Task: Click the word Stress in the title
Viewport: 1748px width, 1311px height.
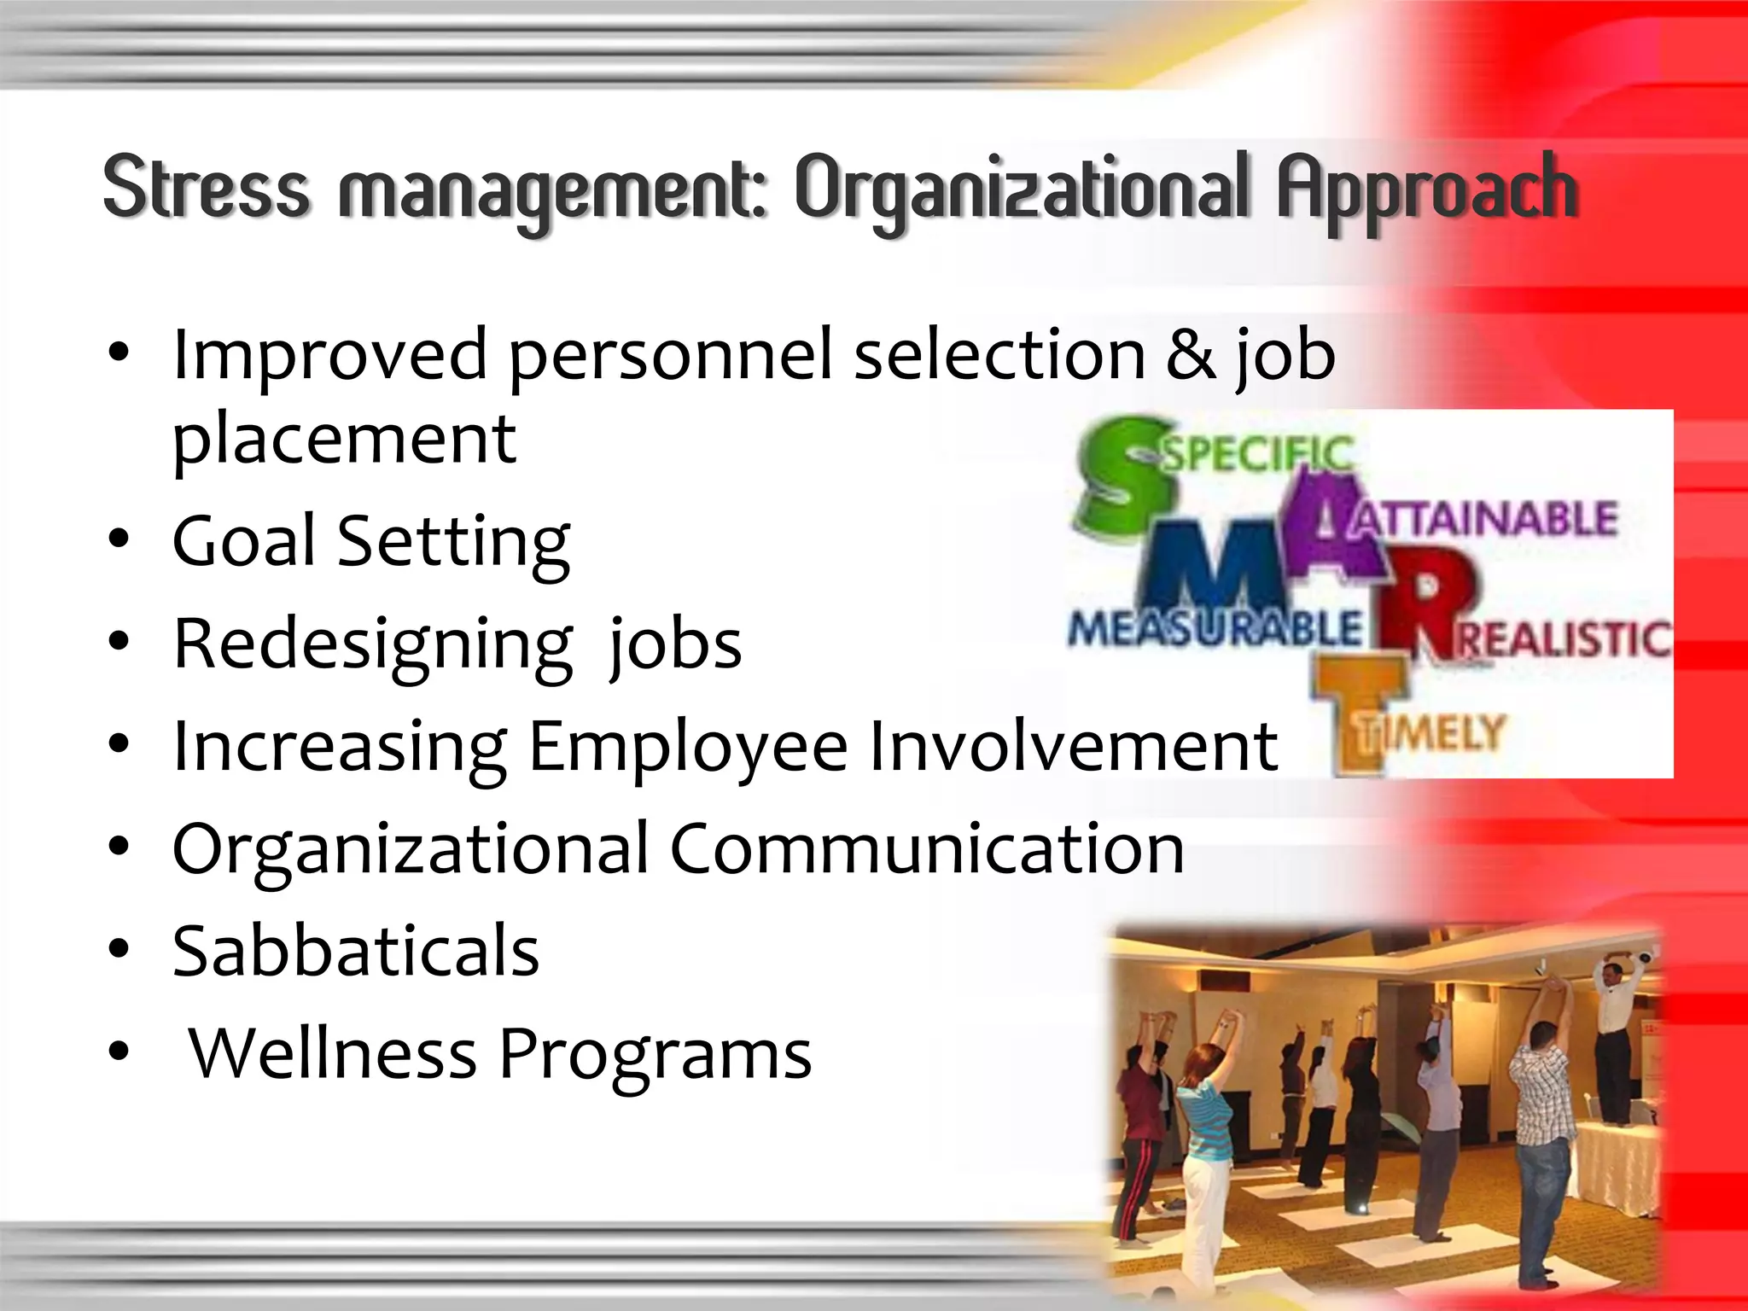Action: click(x=206, y=187)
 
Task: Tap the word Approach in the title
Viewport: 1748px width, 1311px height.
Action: click(x=1426, y=191)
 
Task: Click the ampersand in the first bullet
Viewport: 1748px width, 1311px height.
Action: click(x=1192, y=355)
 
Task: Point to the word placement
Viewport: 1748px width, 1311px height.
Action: click(x=344, y=440)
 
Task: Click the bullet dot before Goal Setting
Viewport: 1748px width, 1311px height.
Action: click(x=119, y=539)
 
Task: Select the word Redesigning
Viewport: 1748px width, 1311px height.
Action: click(x=373, y=645)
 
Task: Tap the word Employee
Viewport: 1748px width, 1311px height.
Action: click(x=688, y=747)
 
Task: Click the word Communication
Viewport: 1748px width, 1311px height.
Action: click(x=927, y=849)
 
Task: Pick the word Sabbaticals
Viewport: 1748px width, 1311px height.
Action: click(x=356, y=951)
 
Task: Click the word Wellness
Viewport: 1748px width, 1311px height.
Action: click(x=333, y=1053)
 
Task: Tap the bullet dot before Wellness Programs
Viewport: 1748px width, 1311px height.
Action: click(x=119, y=1053)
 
